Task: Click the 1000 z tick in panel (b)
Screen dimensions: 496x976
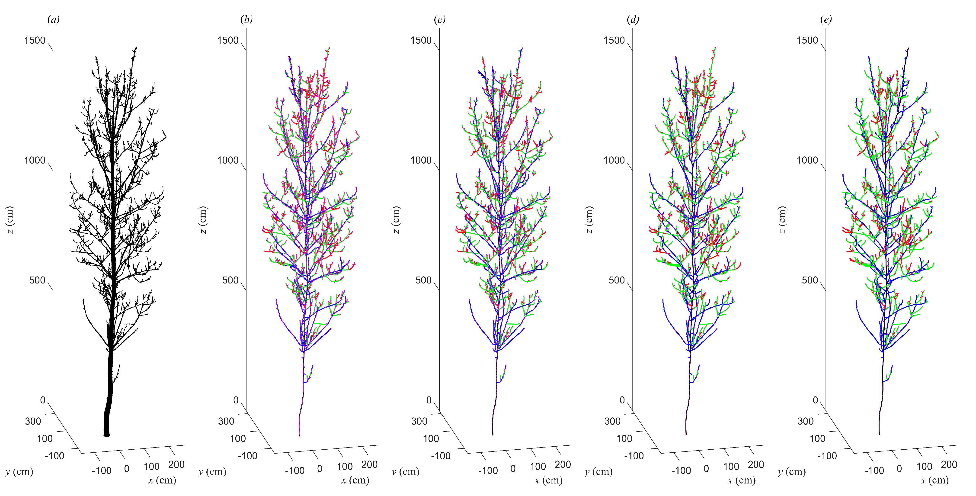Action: tap(228, 160)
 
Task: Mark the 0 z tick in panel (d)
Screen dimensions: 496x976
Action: tap(622, 400)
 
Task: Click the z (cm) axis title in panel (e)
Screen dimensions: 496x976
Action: tap(782, 220)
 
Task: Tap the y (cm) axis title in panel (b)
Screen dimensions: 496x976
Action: tap(212, 472)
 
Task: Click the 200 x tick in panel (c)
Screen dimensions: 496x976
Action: tap(563, 464)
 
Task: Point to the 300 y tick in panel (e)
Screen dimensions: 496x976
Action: tap(806, 421)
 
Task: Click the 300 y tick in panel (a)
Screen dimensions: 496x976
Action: tap(33, 421)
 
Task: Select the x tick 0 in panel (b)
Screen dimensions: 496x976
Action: tap(320, 469)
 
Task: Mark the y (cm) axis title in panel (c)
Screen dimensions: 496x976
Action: tap(405, 472)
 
